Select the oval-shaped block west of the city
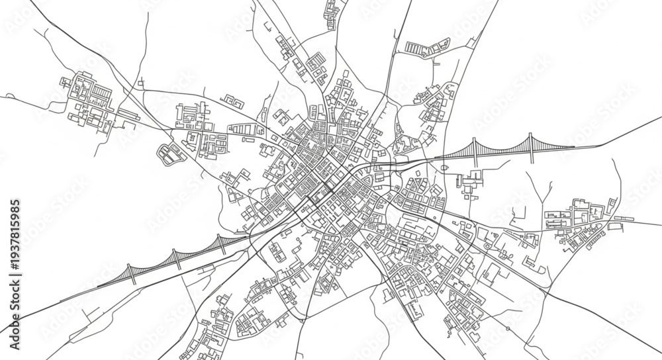[x=168, y=154]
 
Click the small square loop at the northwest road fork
[x=141, y=85]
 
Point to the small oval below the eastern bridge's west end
[x=444, y=167]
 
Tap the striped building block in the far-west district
[x=102, y=91]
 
